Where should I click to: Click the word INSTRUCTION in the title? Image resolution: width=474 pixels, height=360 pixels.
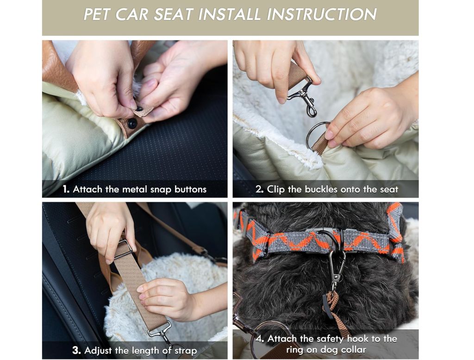point(322,14)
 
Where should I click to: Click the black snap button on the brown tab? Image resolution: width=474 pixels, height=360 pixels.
point(132,123)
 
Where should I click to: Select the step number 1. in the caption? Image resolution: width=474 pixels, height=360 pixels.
point(66,189)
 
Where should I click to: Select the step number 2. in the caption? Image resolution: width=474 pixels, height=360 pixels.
point(260,189)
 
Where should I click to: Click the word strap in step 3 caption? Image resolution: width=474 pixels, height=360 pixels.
point(186,351)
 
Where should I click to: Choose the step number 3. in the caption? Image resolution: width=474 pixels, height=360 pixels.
point(77,351)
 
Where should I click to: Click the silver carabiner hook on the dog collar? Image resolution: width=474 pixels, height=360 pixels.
point(336,268)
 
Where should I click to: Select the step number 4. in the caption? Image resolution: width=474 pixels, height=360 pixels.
point(260,339)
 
